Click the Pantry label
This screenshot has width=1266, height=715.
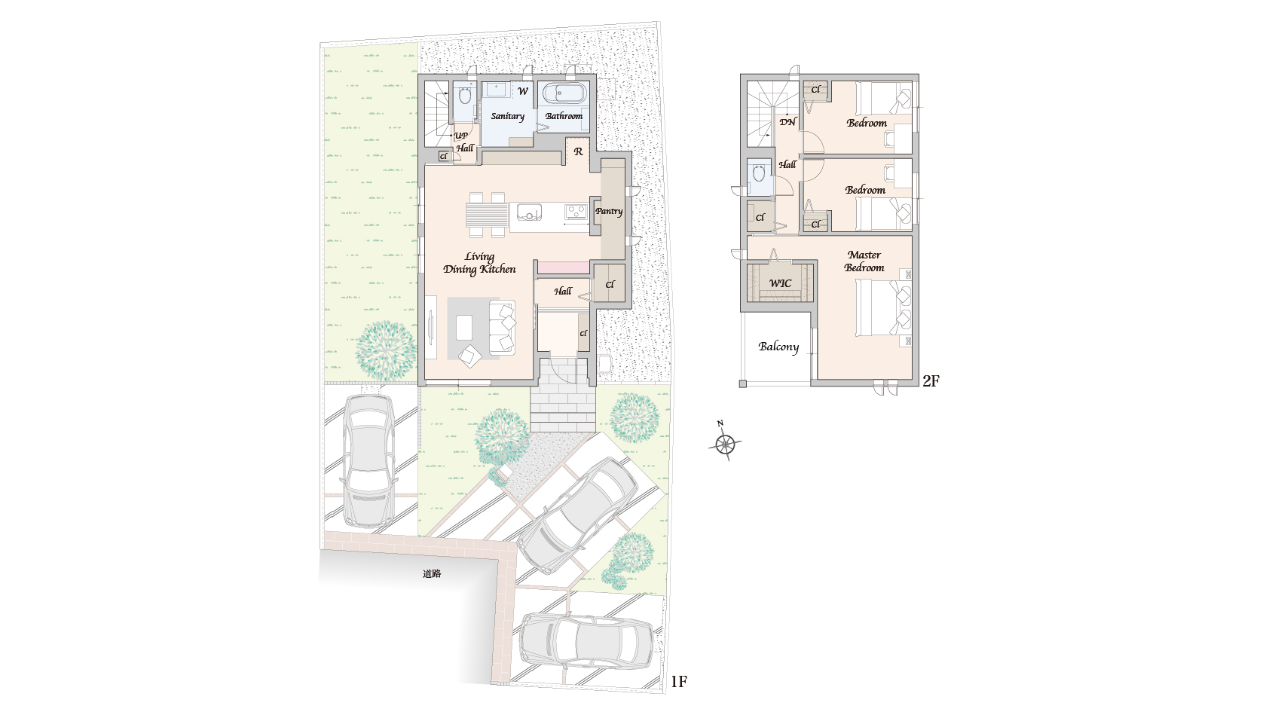pos(609,212)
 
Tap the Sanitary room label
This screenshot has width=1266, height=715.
pos(508,116)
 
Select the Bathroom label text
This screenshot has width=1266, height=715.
pos(564,116)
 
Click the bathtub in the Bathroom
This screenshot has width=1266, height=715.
pos(564,93)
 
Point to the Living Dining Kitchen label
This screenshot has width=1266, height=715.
pos(479,263)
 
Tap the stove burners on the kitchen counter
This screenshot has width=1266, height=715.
pos(576,212)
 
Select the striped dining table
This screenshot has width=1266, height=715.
pos(487,215)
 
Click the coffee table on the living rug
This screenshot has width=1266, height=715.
pos(464,327)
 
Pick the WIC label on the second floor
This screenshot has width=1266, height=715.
pos(780,283)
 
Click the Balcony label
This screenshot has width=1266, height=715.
pos(778,347)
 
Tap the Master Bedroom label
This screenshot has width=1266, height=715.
pos(864,261)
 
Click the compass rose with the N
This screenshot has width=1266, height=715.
pos(725,443)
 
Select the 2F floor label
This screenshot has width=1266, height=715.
pos(931,381)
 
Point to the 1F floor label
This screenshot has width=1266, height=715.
pos(679,682)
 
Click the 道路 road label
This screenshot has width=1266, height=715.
pos(432,573)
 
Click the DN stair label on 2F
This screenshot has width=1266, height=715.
pos(787,121)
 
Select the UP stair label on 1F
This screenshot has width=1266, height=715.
pos(461,136)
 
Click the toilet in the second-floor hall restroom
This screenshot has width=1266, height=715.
pos(758,173)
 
